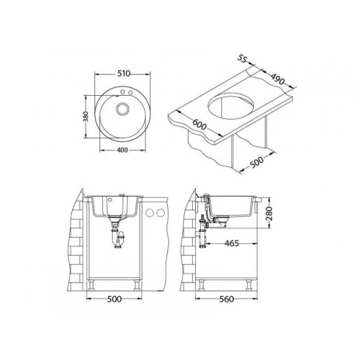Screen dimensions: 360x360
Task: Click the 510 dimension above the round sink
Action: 124,73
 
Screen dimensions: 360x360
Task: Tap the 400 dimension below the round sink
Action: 122,150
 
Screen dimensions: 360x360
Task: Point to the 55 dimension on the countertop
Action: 243,58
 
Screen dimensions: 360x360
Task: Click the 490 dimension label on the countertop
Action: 278,78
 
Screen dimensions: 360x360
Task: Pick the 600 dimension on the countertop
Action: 199,125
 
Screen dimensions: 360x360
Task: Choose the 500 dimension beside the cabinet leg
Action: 256,162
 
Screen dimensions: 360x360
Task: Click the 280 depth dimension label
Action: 269,213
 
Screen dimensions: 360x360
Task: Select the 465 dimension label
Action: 232,243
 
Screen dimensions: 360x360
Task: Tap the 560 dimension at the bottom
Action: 226,299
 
